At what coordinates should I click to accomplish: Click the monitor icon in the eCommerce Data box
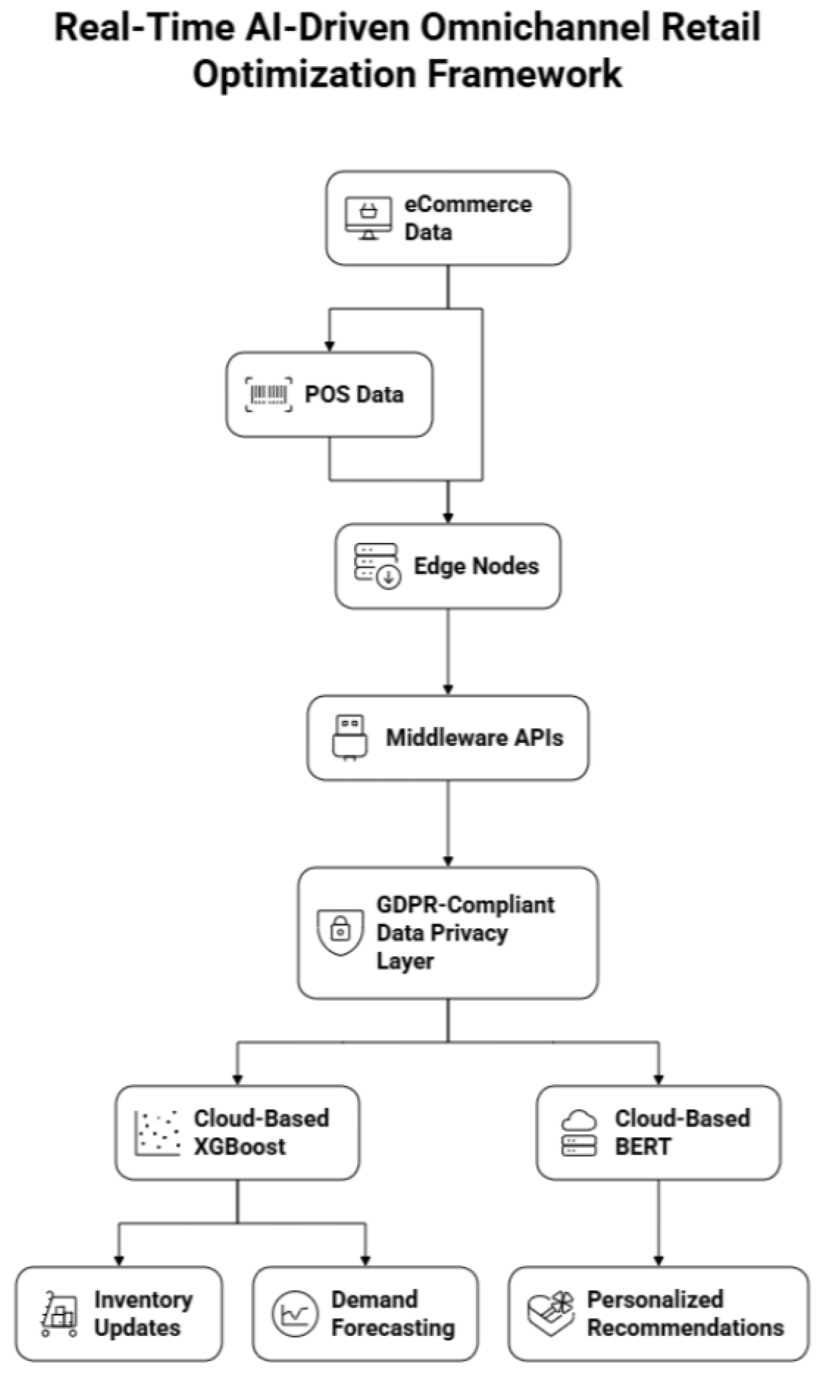368,218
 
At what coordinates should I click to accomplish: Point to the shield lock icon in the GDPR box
340,933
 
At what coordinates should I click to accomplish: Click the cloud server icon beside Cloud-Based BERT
579,1133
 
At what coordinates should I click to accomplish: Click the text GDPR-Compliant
465,905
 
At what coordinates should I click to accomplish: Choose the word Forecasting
393,1328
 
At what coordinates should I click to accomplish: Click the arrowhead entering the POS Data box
330,347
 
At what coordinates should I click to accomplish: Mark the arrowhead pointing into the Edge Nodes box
448,518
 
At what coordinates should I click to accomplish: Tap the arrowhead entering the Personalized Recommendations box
659,1261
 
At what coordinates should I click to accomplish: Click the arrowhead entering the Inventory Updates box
119,1261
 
